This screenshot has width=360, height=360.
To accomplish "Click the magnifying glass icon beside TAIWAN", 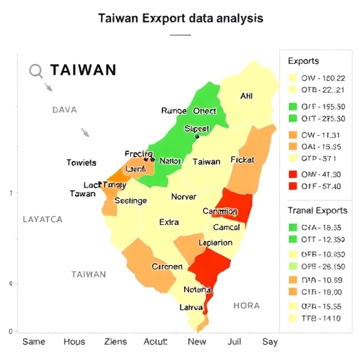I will (x=37, y=71).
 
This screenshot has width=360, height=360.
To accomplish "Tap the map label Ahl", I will (x=246, y=96).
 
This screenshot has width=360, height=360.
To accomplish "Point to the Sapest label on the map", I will (x=197, y=129).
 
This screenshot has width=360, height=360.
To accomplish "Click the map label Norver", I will (x=184, y=197).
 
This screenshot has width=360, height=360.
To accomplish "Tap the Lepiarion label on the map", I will (x=215, y=243).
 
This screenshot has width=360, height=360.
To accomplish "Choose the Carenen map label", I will (x=167, y=266).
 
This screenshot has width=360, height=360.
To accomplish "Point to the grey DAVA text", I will (x=64, y=110).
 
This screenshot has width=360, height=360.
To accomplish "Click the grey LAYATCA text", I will (x=42, y=219).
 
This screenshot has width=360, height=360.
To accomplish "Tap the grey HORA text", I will (x=246, y=306).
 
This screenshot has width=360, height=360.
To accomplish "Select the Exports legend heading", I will (x=303, y=61).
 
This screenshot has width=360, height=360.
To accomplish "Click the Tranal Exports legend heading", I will (x=317, y=210).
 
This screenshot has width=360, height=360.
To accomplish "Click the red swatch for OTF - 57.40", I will (x=292, y=186).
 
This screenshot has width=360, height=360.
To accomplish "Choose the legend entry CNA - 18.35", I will (x=322, y=228).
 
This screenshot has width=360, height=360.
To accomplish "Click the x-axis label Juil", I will (x=234, y=342).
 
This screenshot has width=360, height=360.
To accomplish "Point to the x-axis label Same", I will (x=34, y=342).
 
